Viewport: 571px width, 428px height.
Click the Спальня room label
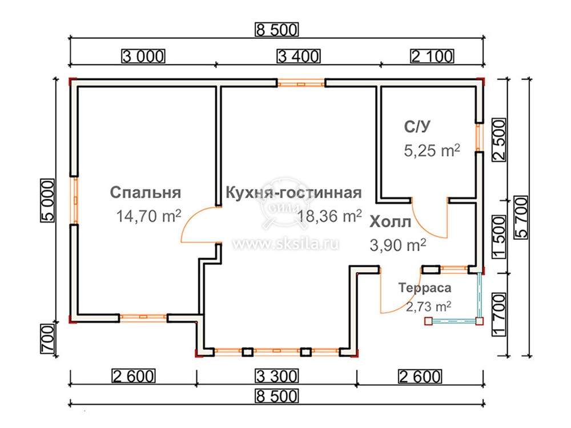pos(145,193)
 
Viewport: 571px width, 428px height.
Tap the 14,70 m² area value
pos(148,216)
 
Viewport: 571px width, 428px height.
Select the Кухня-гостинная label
pos(293,193)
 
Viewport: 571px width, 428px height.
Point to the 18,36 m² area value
pos(329,216)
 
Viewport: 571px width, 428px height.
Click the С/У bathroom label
pos(417,126)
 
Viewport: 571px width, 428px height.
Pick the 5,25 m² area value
pos(432,150)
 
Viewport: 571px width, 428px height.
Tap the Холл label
pos(391,221)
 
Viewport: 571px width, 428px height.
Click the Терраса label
pos(425,288)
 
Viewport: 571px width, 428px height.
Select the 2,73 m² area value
pos(429,306)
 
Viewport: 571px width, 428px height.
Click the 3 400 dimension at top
pos(299,56)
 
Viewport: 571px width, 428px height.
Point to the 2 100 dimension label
pos(432,56)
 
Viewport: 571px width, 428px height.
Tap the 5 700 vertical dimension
pos(521,217)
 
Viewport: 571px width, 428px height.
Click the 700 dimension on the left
pos(48,338)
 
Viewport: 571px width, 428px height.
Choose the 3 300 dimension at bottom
pos(277,376)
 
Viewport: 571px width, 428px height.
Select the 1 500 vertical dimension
pos(499,237)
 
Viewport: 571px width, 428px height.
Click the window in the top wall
pos(301,84)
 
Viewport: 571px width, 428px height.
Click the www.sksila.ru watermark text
pos(286,243)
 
